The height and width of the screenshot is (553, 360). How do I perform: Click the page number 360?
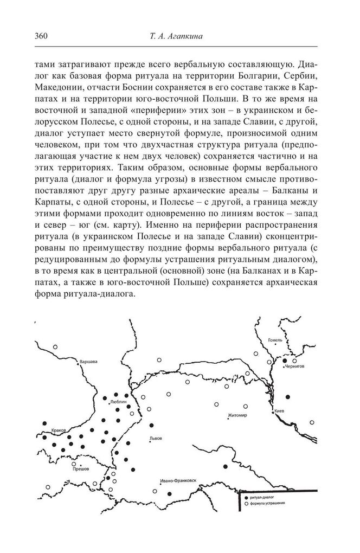click(x=41, y=36)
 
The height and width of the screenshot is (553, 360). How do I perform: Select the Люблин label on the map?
click(x=118, y=403)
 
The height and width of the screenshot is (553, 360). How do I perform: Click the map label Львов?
click(x=155, y=438)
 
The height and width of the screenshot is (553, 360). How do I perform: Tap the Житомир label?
click(x=237, y=415)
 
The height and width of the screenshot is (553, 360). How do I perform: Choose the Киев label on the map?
click(x=280, y=411)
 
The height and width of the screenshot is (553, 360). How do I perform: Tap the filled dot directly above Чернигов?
click(x=285, y=360)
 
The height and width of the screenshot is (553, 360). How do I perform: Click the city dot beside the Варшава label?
click(x=78, y=364)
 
